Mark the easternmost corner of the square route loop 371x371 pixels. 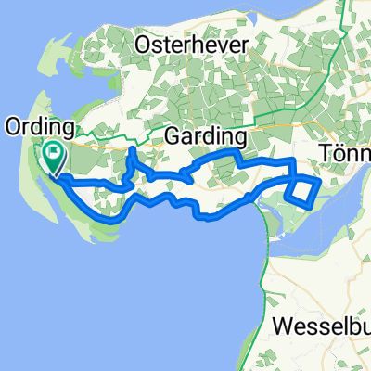320,183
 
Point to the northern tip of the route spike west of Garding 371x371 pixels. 134,148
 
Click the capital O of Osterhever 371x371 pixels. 144,45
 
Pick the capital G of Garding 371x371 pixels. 172,136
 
